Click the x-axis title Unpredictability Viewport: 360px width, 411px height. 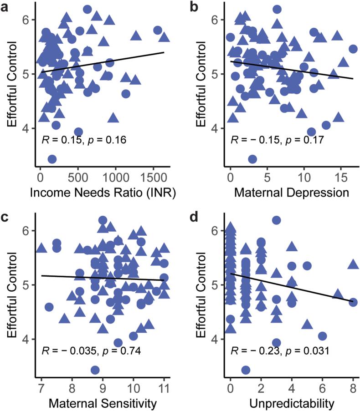(x=292, y=403)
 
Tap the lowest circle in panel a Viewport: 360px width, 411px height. (x=52, y=159)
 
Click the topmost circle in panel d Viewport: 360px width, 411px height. (x=276, y=220)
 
